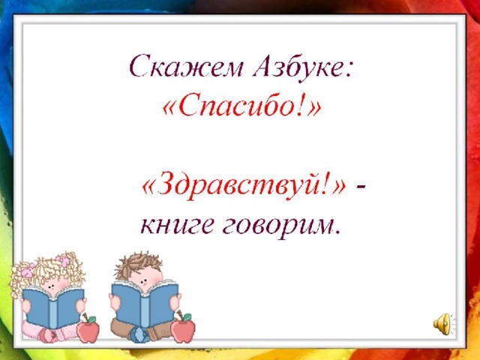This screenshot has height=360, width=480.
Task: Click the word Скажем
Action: click(186, 67)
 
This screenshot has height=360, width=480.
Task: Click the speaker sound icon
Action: click(442, 324)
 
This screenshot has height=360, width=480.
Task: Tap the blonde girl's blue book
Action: click(53, 307)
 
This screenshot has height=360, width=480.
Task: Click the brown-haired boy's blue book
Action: click(145, 304)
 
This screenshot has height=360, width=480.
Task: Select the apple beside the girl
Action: click(88, 328)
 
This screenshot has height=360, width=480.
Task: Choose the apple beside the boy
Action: click(183, 328)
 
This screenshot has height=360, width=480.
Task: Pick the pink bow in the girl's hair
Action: click(65, 261)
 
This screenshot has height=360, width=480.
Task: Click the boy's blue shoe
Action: click(139, 335)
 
